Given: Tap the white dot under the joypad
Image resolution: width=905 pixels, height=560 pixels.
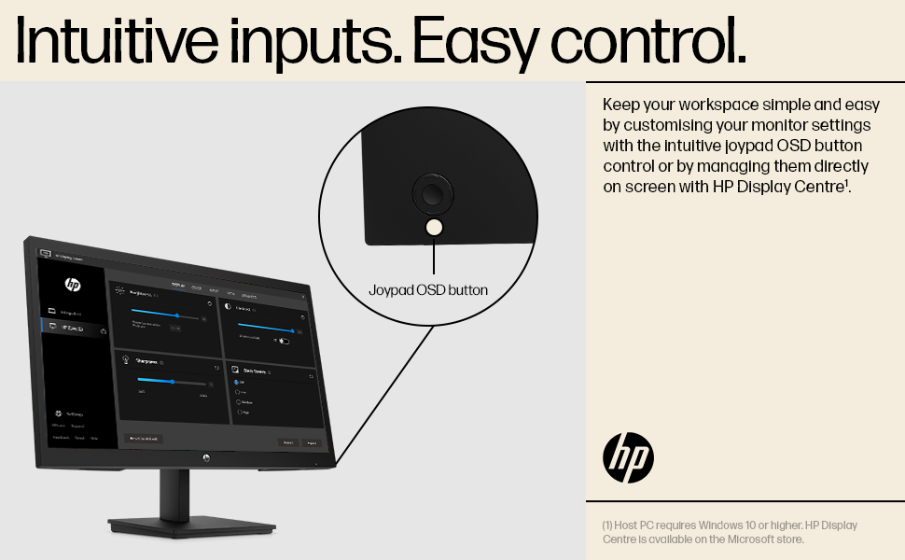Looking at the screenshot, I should click(434, 227).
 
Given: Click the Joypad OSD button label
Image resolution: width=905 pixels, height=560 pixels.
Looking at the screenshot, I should click(428, 290).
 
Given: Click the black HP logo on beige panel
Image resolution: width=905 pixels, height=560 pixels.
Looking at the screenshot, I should click(628, 457).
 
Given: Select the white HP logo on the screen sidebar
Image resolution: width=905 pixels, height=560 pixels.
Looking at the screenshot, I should click(73, 284).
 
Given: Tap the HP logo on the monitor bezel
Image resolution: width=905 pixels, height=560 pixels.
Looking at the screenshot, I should click(206, 457).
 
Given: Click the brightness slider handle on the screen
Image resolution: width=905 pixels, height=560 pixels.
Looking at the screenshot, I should click(176, 315).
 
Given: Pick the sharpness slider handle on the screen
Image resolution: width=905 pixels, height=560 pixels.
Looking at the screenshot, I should click(173, 381).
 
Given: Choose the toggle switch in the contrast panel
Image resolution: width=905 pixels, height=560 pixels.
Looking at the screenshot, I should click(283, 342).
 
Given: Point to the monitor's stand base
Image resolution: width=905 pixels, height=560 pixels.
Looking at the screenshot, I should click(191, 526).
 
